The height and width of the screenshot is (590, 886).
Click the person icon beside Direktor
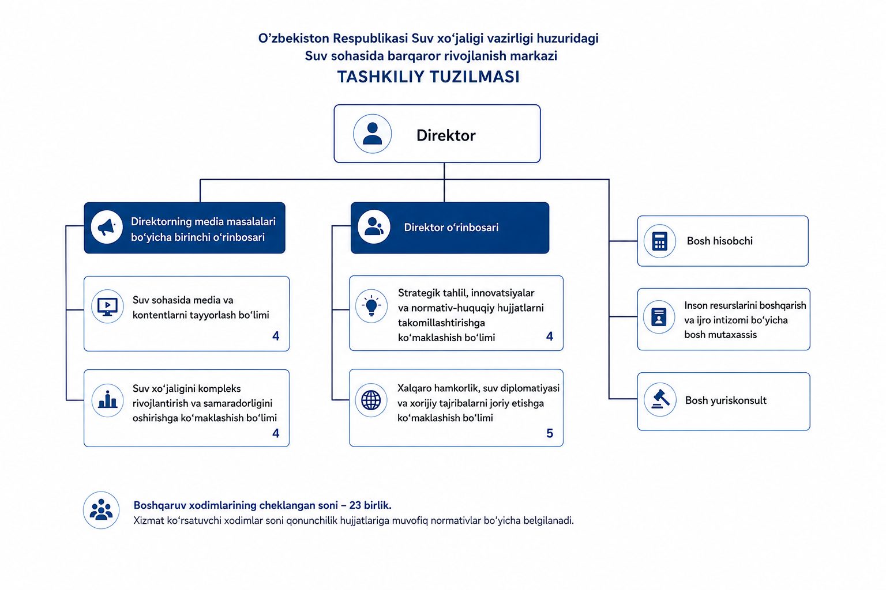click(372, 134)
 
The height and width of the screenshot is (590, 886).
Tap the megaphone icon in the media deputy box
click(106, 227)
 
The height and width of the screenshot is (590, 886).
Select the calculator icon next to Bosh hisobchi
click(659, 241)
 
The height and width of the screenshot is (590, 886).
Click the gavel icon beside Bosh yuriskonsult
click(660, 399)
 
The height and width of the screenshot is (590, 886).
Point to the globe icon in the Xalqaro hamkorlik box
click(371, 400)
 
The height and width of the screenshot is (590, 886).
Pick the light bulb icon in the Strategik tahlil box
click(371, 306)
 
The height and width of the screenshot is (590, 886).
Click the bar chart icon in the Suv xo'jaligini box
click(108, 400)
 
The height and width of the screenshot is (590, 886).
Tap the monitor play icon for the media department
click(108, 307)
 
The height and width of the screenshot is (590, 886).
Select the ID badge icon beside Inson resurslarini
click(659, 316)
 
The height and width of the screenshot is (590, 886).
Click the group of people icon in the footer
click(102, 510)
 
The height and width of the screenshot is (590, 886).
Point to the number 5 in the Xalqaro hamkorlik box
click(550, 433)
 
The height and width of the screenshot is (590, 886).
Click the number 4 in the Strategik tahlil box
click(549, 336)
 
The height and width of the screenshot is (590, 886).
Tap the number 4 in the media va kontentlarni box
click(276, 336)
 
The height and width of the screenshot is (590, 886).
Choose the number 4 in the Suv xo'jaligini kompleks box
click(276, 433)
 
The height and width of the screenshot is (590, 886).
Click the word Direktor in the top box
click(446, 135)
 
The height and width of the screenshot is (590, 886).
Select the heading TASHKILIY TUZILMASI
click(429, 77)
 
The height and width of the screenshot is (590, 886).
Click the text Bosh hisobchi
click(719, 241)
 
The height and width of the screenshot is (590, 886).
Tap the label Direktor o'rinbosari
click(451, 227)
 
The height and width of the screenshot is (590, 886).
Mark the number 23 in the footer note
click(355, 505)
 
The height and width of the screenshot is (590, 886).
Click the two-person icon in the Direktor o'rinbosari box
click(374, 227)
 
